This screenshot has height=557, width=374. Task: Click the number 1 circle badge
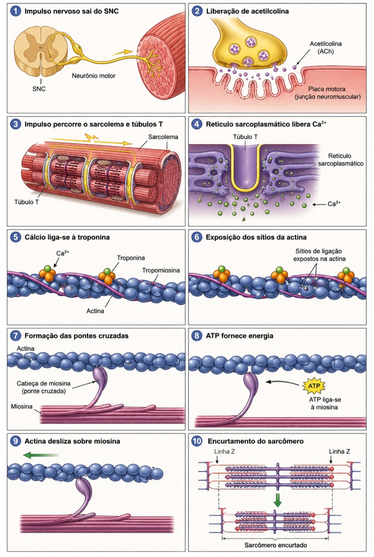coord(16,11)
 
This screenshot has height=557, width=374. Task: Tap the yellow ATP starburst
coord(314,386)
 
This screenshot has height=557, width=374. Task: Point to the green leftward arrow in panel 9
coord(41,455)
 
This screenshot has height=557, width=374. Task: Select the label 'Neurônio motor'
coord(94,75)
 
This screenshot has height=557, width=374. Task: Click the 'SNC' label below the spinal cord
coord(39,89)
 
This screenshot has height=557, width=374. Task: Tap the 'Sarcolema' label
coord(163,137)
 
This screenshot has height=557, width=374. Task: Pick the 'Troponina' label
coord(131,258)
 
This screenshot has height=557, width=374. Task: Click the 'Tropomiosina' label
coord(161,270)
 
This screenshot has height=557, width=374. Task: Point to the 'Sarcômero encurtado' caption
coord(276,545)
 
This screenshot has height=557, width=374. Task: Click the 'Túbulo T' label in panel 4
coord(245,137)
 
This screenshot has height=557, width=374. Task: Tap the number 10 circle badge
coord(197,441)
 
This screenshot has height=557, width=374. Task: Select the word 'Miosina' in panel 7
coord(21,406)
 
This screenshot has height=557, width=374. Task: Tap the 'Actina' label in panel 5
coord(95,311)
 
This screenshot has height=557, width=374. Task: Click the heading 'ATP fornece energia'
coord(240,336)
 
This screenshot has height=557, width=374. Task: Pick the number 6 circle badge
coord(197,237)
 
